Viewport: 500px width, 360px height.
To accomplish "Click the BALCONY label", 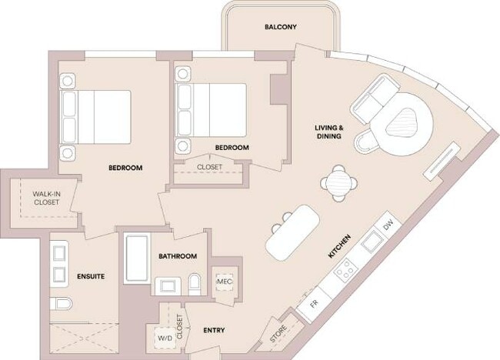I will [x=280, y=28].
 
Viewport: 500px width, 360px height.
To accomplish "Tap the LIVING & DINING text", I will [x=328, y=132].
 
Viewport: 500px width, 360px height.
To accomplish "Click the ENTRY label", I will [x=214, y=331].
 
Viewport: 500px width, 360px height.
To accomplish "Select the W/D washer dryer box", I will [x=164, y=337].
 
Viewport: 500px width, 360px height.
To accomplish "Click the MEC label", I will [x=224, y=282].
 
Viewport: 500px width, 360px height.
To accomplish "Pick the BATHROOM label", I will [x=178, y=256].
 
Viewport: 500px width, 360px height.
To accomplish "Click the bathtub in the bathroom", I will [x=136, y=259].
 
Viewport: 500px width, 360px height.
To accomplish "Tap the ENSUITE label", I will [x=91, y=275].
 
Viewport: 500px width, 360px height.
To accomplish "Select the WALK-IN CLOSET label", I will [x=45, y=198].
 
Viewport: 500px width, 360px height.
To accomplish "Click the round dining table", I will [x=338, y=183].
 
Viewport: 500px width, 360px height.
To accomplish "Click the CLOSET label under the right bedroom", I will [x=210, y=166].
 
